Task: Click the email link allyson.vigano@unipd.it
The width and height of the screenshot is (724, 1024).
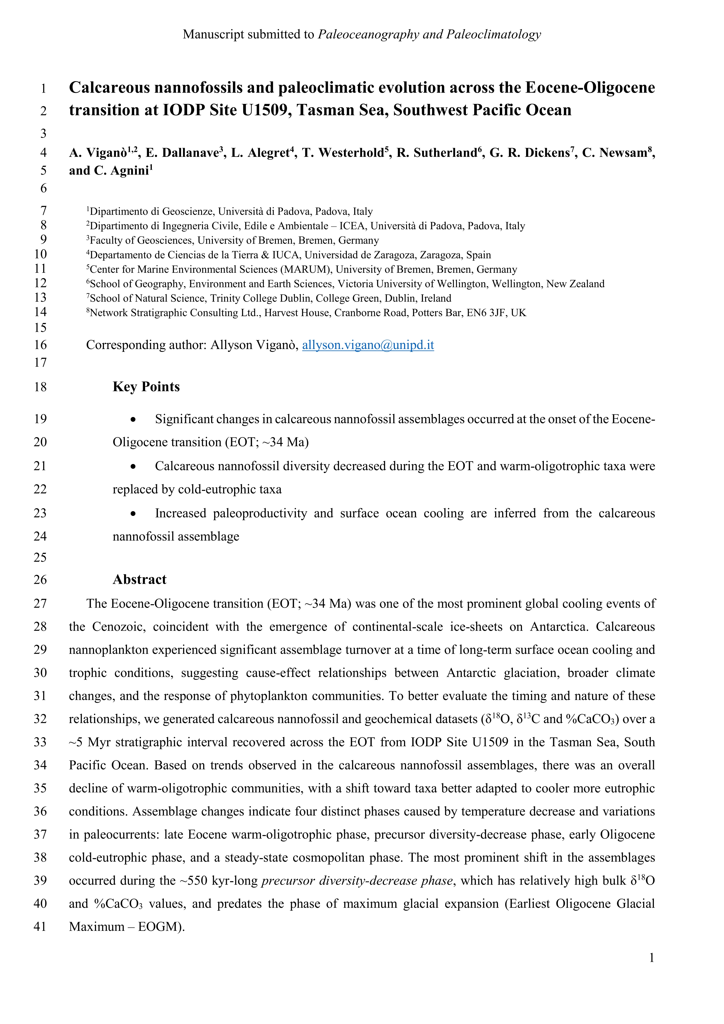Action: pos(368,345)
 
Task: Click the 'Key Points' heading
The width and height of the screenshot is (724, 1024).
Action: pos(146,386)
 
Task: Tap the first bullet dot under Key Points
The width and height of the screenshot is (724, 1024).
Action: pos(133,419)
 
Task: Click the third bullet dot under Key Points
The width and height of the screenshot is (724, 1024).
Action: pos(133,513)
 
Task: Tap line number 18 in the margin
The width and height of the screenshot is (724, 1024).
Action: pos(40,387)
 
